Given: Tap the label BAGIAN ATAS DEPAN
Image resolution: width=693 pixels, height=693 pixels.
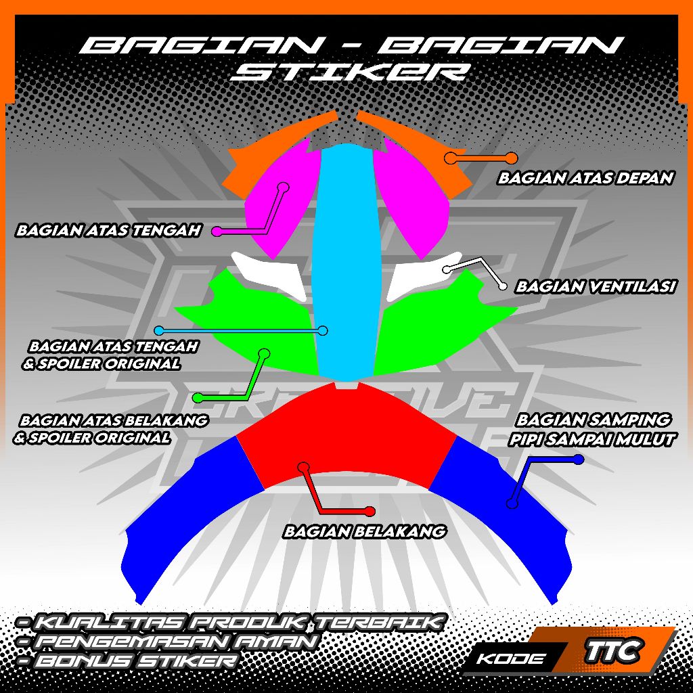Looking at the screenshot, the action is [x=585, y=178].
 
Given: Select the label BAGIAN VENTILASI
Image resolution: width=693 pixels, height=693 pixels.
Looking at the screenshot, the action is [x=596, y=287].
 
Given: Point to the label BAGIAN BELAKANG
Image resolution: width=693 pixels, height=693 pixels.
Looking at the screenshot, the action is [x=365, y=531].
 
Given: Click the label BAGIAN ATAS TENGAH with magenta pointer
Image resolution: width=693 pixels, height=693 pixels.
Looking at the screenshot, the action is [x=109, y=230].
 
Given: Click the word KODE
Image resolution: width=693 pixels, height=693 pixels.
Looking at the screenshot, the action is [x=510, y=659].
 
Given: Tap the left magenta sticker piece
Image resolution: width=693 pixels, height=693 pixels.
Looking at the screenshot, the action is [x=281, y=199].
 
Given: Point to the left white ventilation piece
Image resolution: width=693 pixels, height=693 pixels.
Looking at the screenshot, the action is [x=269, y=274].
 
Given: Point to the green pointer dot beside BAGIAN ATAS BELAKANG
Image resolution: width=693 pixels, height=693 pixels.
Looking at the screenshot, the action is [x=198, y=398].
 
